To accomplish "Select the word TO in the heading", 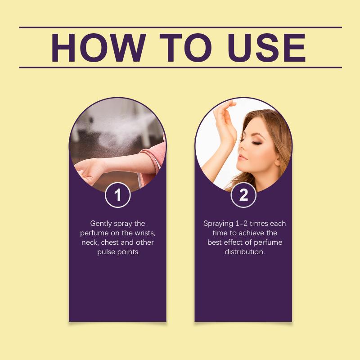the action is click(185, 48).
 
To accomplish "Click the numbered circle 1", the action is click(118, 195).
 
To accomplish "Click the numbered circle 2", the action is click(243, 195).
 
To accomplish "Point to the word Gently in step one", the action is click(101, 224).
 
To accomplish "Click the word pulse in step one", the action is click(106, 252).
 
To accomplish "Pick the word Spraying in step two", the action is click(218, 224).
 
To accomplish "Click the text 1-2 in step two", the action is click(241, 223).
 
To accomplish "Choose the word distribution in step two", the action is click(245, 252).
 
